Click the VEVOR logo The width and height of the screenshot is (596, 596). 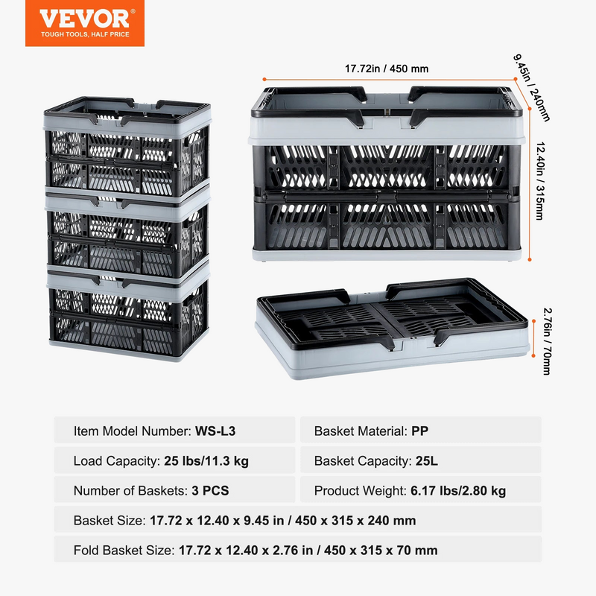click(x=85, y=23)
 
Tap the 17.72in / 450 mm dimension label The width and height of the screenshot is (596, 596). click(x=387, y=69)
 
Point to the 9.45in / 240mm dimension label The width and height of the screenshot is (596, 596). click(x=532, y=88)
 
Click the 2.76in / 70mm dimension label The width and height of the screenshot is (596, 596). click(x=548, y=341)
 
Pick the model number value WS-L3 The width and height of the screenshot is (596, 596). click(x=215, y=431)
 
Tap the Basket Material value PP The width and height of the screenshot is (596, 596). click(x=419, y=431)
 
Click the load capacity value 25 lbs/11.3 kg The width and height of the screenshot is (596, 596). click(x=206, y=461)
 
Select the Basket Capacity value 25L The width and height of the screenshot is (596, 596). click(x=426, y=461)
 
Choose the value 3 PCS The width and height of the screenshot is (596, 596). click(x=210, y=491)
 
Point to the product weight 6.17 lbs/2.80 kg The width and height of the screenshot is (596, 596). click(x=458, y=491)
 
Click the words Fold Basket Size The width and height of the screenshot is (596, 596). click(x=124, y=550)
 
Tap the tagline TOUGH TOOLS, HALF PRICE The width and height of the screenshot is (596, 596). click(x=85, y=34)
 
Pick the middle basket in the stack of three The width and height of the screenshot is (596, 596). click(x=127, y=235)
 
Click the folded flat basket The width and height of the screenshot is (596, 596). click(x=393, y=328)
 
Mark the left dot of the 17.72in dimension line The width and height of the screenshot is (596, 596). click(x=264, y=80)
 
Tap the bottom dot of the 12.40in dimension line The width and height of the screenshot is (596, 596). click(x=530, y=259)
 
